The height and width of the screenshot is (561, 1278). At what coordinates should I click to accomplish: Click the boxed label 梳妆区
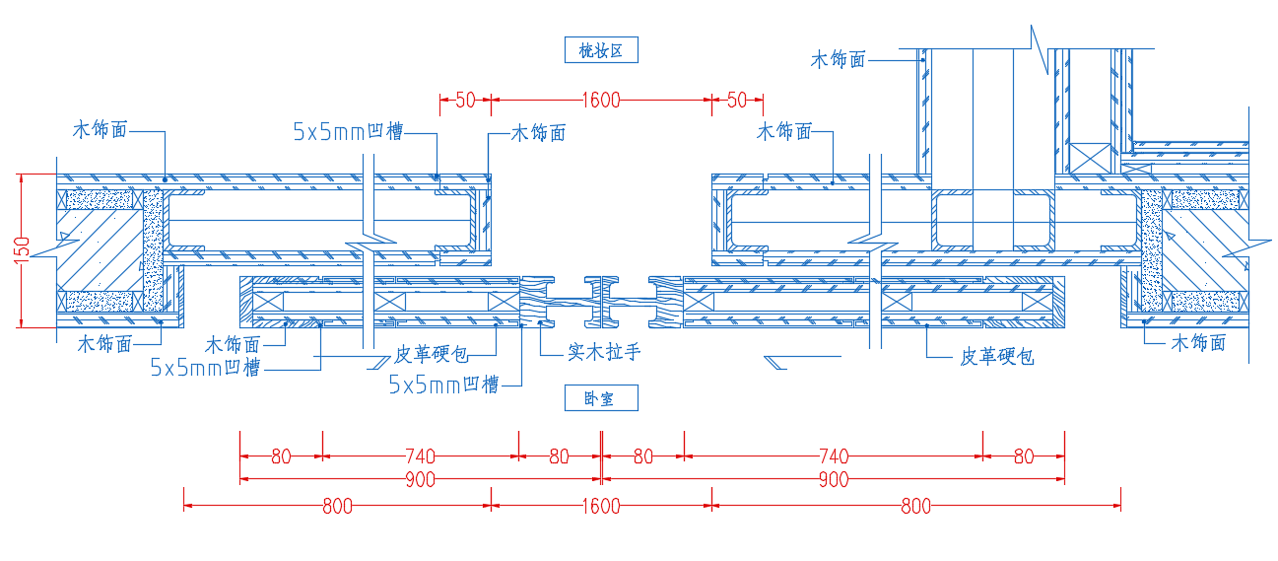(601, 50)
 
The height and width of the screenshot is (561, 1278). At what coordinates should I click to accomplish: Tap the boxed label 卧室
(601, 397)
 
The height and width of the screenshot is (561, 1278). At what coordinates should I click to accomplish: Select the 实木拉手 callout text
(604, 352)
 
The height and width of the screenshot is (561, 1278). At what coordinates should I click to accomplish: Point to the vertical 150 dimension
(22, 250)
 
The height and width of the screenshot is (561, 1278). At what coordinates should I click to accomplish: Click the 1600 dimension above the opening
(601, 101)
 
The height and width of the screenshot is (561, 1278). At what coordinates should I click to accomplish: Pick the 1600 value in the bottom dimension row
(601, 506)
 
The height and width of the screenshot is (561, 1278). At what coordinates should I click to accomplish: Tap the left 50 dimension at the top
(465, 101)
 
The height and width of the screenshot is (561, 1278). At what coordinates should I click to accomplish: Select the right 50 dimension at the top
(737, 101)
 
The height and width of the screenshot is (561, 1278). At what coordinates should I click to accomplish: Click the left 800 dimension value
(337, 506)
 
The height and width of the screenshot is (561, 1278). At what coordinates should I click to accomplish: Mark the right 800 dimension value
(915, 506)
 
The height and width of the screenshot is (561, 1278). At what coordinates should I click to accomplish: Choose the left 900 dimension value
(421, 480)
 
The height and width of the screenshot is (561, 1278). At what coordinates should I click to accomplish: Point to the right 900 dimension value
(834, 480)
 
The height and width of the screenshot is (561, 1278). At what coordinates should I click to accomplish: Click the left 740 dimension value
(421, 456)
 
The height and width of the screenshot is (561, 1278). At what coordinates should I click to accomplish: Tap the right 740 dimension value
(834, 456)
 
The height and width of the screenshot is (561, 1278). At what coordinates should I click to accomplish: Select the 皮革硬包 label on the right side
(997, 357)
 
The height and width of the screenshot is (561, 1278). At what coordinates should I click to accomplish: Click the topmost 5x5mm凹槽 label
(348, 132)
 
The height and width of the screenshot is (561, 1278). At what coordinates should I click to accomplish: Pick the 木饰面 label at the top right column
(839, 59)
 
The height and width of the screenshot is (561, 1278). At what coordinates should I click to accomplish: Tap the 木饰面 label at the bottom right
(1198, 343)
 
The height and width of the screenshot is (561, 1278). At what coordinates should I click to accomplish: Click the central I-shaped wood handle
(601, 302)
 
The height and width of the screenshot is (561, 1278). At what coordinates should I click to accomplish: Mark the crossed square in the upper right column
(1090, 158)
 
